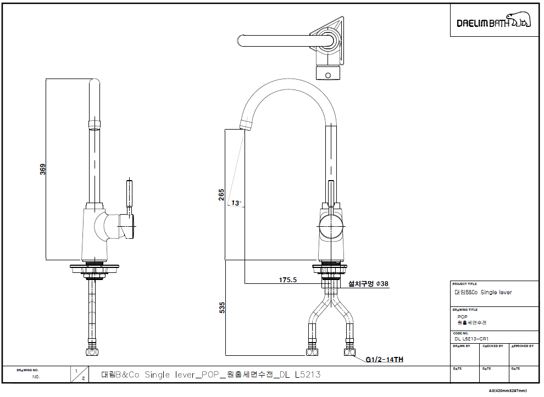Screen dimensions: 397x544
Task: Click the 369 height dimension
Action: (43, 169)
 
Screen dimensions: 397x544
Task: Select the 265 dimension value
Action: (221, 195)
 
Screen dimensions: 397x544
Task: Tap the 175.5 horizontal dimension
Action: (287, 280)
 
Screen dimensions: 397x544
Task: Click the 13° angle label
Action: (236, 203)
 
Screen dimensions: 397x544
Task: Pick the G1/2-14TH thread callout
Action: (385, 360)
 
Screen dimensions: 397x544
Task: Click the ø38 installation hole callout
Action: (368, 284)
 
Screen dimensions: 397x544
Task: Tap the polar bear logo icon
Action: (519, 20)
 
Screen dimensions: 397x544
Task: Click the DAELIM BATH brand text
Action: (481, 23)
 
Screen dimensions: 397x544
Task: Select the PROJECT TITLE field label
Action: (465, 284)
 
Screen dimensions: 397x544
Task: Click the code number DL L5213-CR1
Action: (472, 339)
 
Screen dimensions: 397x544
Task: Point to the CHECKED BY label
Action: (492, 346)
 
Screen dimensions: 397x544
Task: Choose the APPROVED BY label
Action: (522, 346)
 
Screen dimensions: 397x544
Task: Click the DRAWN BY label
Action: (462, 346)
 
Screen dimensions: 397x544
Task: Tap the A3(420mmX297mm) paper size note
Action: (508, 390)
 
